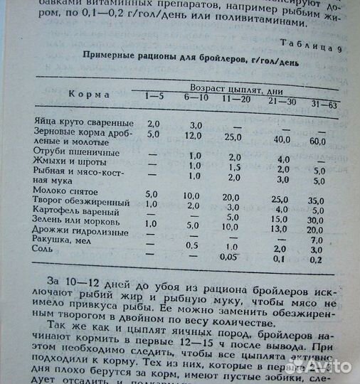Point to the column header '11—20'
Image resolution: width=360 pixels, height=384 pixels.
pos(234,98)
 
